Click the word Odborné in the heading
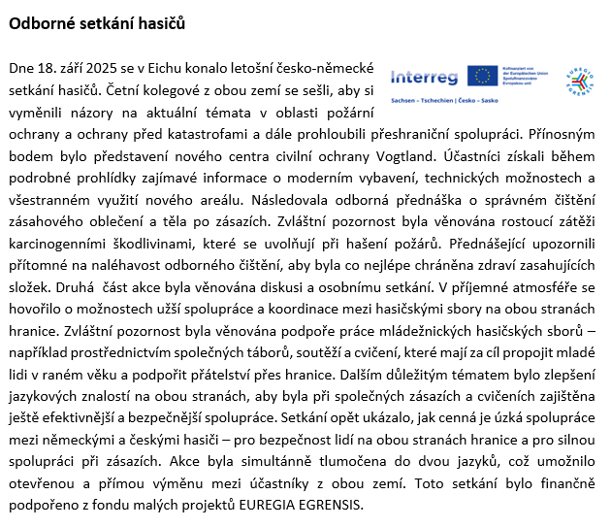pyautogui.click(x=42, y=23)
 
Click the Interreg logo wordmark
pyautogui.click(x=424, y=76)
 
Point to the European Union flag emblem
pyautogui.click(x=482, y=76)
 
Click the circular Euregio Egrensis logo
pyautogui.click(x=580, y=82)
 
